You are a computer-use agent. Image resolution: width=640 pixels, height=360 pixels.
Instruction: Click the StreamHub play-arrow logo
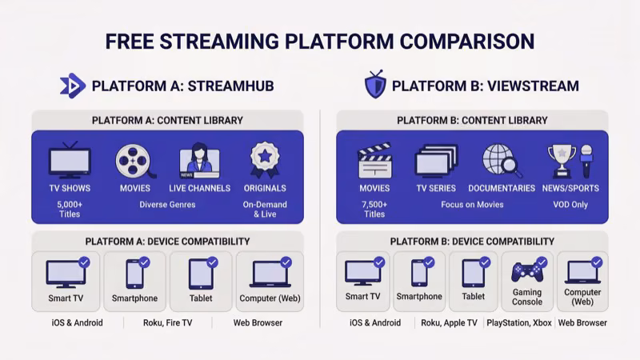pos(72,86)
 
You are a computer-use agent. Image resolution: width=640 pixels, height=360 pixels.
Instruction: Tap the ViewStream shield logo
pos(374,85)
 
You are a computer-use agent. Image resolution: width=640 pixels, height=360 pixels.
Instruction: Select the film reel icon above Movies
pos(134,162)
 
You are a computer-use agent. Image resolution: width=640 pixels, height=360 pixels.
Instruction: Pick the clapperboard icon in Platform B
pos(374,161)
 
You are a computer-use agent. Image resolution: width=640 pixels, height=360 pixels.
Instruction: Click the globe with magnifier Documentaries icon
pos(502,161)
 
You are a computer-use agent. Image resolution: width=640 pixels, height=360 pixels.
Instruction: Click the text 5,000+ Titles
pos(70,210)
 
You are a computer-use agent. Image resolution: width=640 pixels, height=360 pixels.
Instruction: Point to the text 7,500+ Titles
pos(374,210)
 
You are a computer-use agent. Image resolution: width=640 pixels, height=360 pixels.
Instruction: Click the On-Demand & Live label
pos(263,210)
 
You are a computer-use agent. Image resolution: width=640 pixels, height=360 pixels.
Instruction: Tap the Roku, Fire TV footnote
pos(168,323)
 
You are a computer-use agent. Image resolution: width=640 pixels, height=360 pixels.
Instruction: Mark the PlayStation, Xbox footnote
pos(519,323)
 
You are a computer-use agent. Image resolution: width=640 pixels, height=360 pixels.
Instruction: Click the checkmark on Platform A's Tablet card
pos(213,262)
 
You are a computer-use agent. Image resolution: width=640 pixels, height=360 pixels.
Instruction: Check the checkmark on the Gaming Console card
pos(542,262)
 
